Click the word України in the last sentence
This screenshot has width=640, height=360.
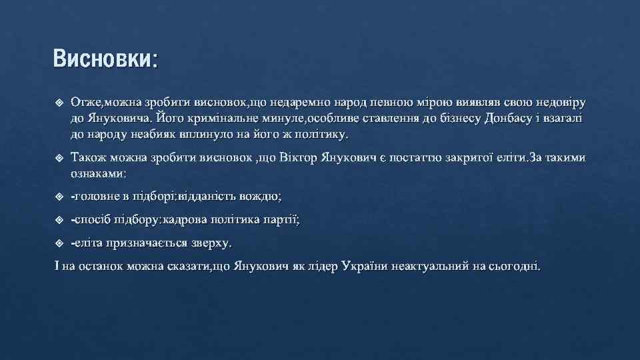[x=367, y=267]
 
